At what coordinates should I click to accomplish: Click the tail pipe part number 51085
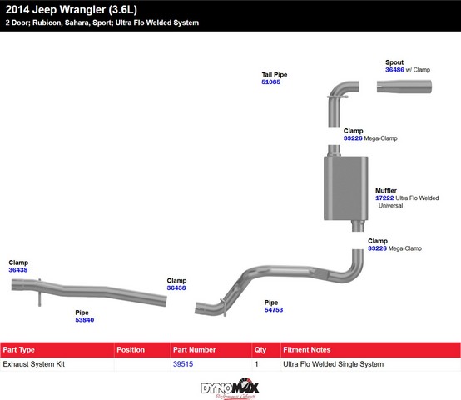pos(270,82)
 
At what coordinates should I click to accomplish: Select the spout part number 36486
pos(394,70)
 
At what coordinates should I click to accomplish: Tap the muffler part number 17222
pos(384,197)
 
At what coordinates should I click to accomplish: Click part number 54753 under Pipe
pos(274,310)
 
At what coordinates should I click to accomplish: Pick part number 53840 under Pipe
pos(85,320)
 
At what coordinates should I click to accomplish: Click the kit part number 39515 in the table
pos(183,364)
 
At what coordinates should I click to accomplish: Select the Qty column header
pos(260,350)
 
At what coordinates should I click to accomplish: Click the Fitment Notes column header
pos(307,350)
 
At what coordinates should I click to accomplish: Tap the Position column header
pos(131,350)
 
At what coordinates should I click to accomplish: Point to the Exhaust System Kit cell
pos(34,364)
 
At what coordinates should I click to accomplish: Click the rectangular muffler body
pos(346,188)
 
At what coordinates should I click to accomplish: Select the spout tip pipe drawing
pos(404,87)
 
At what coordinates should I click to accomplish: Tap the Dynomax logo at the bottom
pos(230,388)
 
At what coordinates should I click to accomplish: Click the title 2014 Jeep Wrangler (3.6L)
pos(72,10)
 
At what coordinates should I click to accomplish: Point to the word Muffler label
pos(386,191)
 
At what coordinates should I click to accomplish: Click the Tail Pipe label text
pos(275,75)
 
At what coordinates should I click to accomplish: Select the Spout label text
pos(394,62)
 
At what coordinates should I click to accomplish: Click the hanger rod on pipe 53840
pos(39,292)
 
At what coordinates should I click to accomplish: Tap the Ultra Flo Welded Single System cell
pos(333,364)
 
